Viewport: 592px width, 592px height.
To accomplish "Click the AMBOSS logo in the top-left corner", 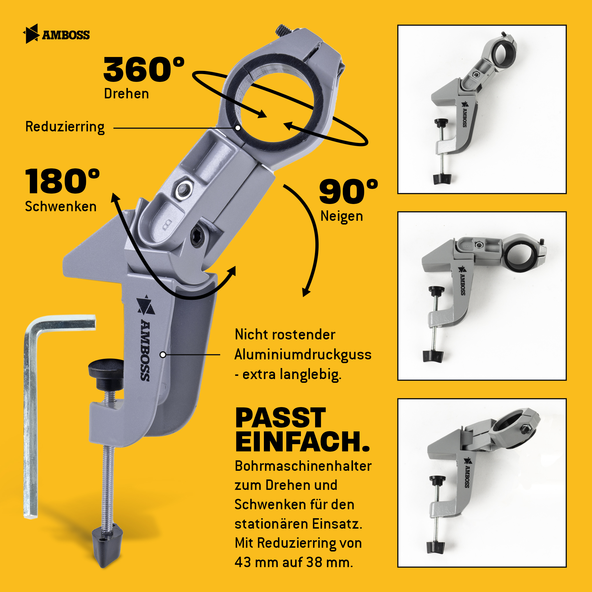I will (x=57, y=34).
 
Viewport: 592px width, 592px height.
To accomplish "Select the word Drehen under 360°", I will (x=126, y=94).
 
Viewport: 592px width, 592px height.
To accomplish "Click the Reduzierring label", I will (x=65, y=127).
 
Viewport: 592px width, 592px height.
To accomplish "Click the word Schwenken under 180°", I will (x=61, y=207).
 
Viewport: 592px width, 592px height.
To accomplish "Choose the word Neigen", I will (x=342, y=216).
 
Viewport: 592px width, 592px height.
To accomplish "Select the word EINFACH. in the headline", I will (x=303, y=442).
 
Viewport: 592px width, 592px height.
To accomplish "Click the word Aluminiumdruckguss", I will (x=303, y=355).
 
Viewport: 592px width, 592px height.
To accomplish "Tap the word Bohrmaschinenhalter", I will (x=303, y=466).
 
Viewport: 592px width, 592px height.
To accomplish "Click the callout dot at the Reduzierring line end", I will (x=238, y=128).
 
